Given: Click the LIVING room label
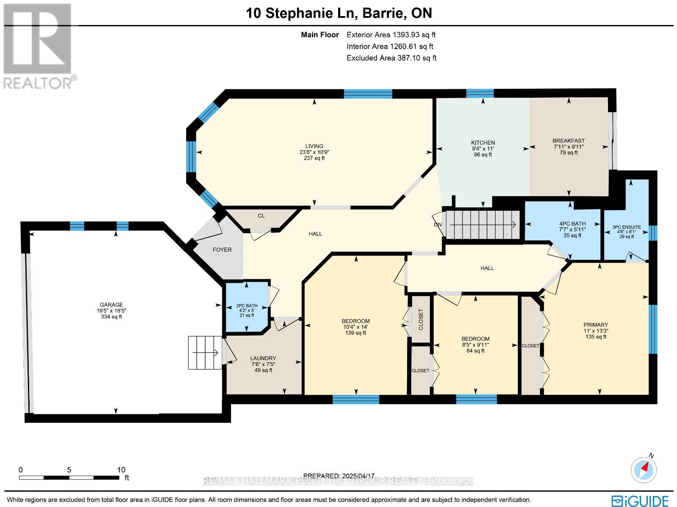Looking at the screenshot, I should (x=314, y=146).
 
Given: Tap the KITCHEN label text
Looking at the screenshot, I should (x=483, y=143).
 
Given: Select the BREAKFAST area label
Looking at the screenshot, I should (x=568, y=141).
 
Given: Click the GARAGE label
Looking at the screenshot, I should (x=111, y=305).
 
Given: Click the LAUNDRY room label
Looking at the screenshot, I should (x=263, y=358).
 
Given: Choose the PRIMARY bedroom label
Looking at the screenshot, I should (x=595, y=325).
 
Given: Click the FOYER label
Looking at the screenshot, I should (x=222, y=250).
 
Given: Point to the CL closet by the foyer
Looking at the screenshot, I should (x=261, y=215).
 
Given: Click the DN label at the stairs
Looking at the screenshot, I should (x=438, y=225).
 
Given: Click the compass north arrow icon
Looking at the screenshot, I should (x=644, y=469).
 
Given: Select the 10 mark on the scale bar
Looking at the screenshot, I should (x=121, y=470).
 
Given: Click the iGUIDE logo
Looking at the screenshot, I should (x=640, y=501).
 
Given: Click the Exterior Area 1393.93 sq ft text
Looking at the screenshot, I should (x=391, y=35).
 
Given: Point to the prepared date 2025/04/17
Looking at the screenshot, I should (x=339, y=476).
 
